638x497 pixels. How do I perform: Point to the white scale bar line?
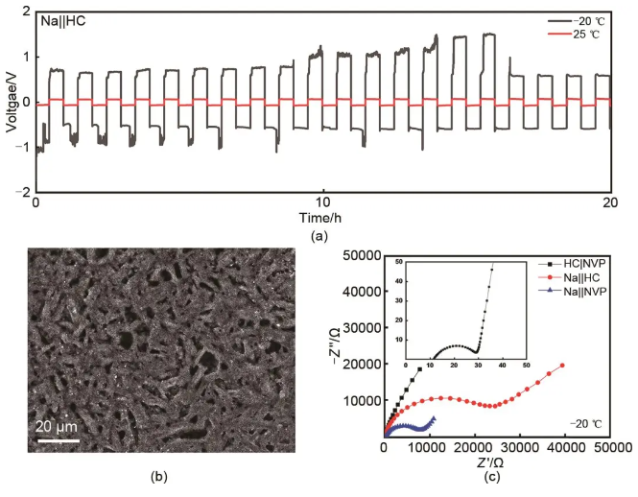point(57,440)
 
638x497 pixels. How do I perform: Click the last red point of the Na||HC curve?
point(562,365)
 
